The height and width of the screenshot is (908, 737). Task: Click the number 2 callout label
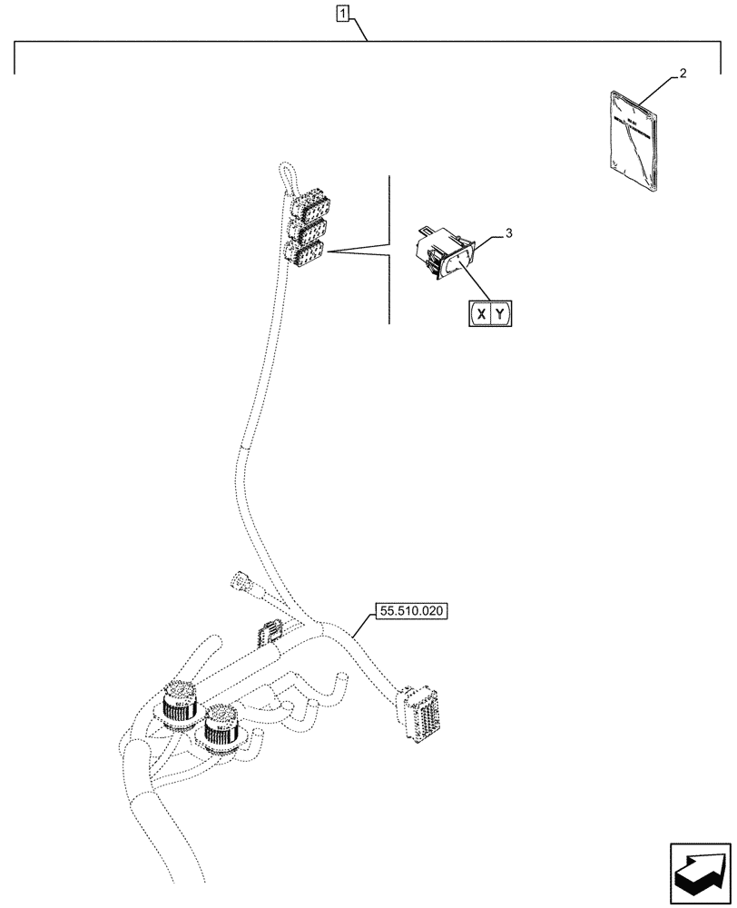[683, 74]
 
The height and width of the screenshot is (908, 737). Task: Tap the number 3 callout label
[509, 233]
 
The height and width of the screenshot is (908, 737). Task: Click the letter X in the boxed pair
[481, 314]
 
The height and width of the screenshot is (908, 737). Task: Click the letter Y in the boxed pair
[502, 314]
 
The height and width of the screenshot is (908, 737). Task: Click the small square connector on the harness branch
[270, 631]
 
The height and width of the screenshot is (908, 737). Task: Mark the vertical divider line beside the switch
[389, 250]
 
